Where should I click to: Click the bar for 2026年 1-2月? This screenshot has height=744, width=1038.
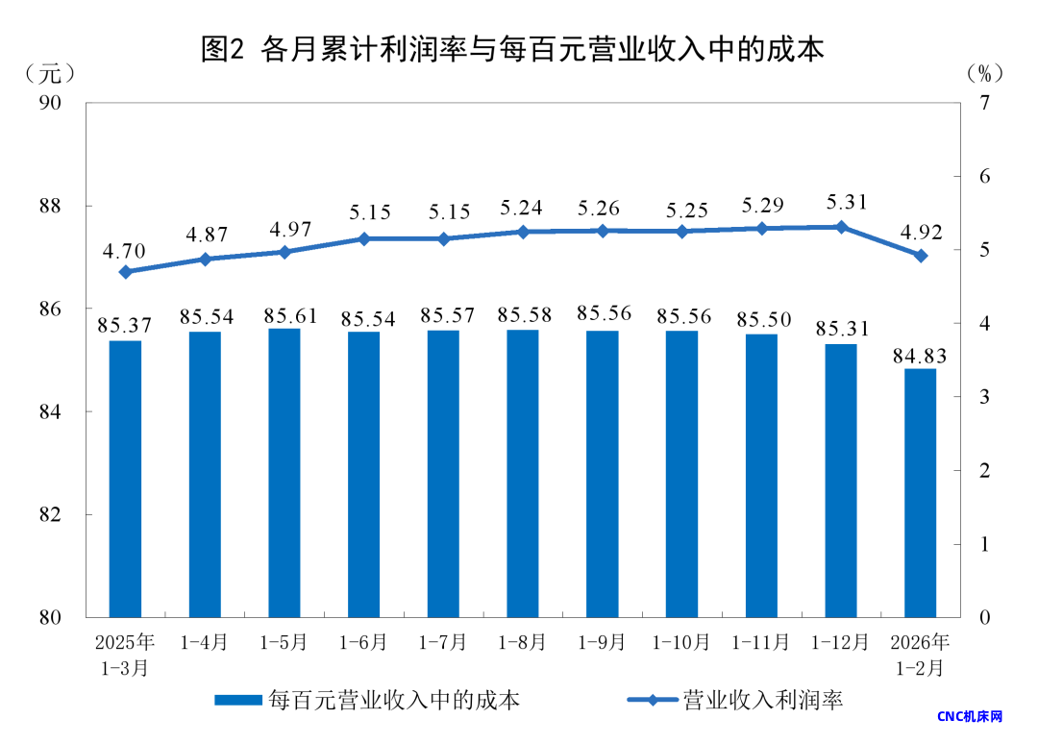tap(920, 492)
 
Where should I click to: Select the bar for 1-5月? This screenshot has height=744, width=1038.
tap(284, 472)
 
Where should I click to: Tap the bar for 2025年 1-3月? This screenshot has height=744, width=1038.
tap(125, 479)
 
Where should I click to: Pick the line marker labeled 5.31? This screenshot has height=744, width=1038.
tap(841, 227)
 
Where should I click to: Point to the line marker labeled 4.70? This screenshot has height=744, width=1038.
tap(125, 272)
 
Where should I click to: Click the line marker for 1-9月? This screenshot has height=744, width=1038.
tap(603, 231)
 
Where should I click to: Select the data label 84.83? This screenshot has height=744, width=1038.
tap(920, 357)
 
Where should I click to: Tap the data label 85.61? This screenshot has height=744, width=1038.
tap(284, 315)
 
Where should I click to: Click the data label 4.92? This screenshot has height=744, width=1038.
tap(920, 232)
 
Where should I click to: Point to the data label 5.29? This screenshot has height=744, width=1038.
tap(762, 205)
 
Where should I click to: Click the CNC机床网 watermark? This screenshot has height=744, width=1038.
tap(969, 717)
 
